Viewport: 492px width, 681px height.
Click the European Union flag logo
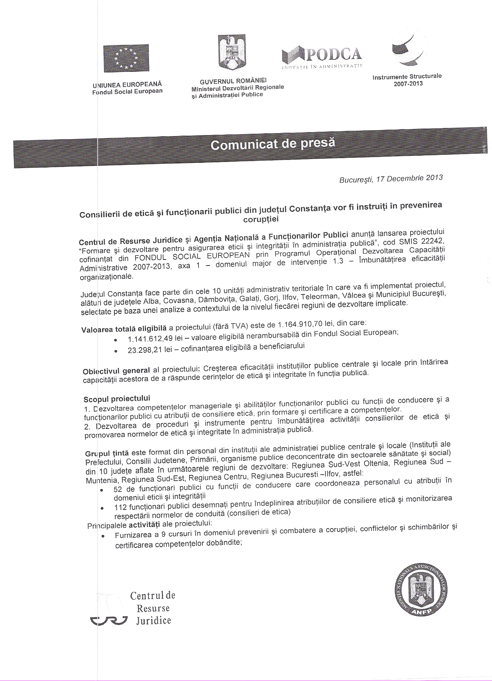pyautogui.click(x=126, y=58)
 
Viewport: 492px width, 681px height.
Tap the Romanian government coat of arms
pyautogui.click(x=232, y=52)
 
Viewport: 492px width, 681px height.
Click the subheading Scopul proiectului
pyautogui.click(x=117, y=399)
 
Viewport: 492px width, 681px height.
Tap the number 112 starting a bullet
pyautogui.click(x=120, y=507)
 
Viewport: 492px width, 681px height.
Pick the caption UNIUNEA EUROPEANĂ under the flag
pyautogui.click(x=127, y=85)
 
